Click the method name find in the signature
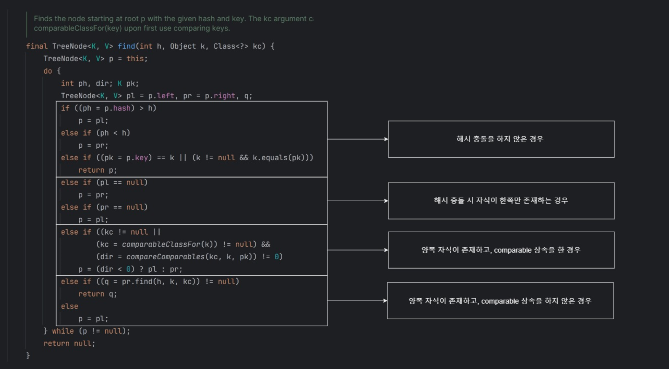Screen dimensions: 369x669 pyautogui.click(x=126, y=46)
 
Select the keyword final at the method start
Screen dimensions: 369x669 pyautogui.click(x=37, y=46)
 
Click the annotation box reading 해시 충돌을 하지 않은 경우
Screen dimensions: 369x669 pyautogui.click(x=501, y=139)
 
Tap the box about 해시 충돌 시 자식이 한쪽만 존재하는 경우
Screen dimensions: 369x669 pyautogui.click(x=501, y=201)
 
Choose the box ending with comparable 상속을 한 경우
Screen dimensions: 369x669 pyautogui.click(x=501, y=250)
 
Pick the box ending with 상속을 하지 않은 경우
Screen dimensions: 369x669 pyautogui.click(x=500, y=301)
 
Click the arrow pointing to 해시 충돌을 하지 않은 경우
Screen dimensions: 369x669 pyautogui.click(x=358, y=139)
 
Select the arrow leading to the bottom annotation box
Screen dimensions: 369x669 pyautogui.click(x=357, y=301)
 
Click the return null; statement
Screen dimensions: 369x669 pyautogui.click(x=69, y=343)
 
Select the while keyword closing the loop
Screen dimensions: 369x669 pyautogui.click(x=63, y=331)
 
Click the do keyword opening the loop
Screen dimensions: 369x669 pyautogui.click(x=48, y=71)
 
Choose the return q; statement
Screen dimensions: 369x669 pyautogui.click(x=97, y=294)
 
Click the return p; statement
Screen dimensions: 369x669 pyautogui.click(x=97, y=170)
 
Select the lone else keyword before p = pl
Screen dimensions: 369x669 pyautogui.click(x=69, y=306)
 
